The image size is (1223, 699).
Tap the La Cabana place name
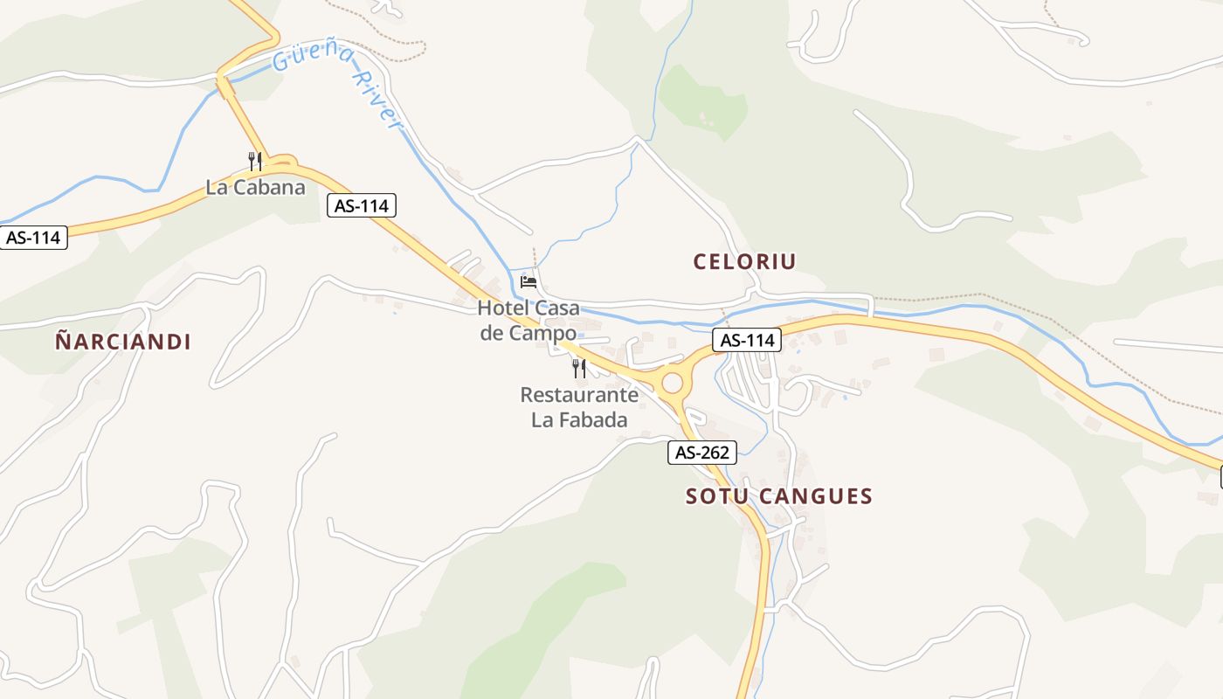(256, 187)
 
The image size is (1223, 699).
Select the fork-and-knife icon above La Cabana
(254, 161)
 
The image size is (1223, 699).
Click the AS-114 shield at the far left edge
(34, 237)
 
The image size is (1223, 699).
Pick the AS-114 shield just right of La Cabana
(362, 205)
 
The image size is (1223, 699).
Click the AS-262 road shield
(702, 453)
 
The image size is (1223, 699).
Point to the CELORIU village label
(744, 261)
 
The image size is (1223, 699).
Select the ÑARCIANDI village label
(123, 342)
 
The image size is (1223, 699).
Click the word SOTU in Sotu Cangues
(715, 496)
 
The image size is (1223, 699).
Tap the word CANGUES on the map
(816, 496)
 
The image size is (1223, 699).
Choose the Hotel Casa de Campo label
(529, 320)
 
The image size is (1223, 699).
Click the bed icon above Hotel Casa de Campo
(529, 281)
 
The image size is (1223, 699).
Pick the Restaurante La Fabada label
(579, 407)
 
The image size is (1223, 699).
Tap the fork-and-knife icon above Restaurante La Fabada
(578, 368)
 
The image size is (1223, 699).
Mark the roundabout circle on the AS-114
(672, 383)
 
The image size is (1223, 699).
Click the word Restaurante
(579, 395)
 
